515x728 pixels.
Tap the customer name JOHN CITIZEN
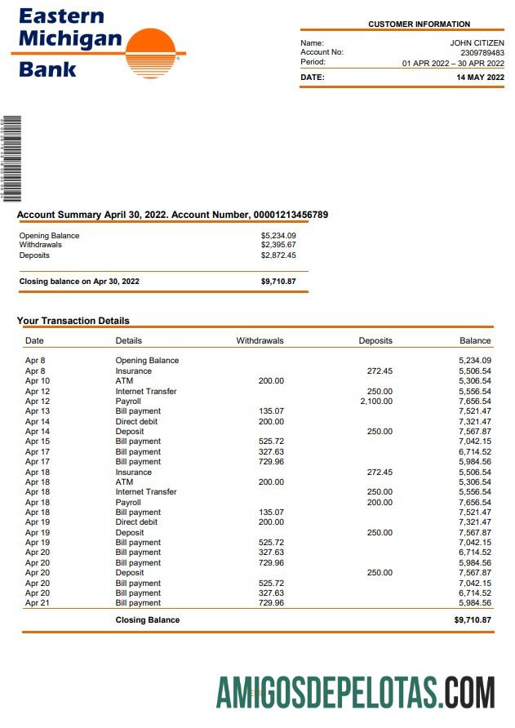pyautogui.click(x=477, y=42)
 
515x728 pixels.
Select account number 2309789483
pyautogui.click(x=482, y=52)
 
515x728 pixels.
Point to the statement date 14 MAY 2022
pyautogui.click(x=480, y=78)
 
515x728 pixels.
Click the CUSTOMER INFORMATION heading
pyautogui.click(x=419, y=24)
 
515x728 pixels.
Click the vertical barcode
pyautogui.click(x=11, y=158)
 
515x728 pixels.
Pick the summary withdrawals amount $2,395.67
pyautogui.click(x=278, y=245)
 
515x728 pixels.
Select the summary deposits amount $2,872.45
pyautogui.click(x=278, y=255)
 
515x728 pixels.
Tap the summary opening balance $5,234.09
pyautogui.click(x=278, y=236)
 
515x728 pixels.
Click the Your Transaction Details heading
pyautogui.click(x=73, y=321)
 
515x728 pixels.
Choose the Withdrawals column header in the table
pyautogui.click(x=260, y=340)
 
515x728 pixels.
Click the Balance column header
pyautogui.click(x=475, y=340)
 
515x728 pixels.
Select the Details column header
pyautogui.click(x=129, y=340)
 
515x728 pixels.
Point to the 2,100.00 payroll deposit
pyautogui.click(x=376, y=402)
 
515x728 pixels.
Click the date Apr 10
pyautogui.click(x=38, y=381)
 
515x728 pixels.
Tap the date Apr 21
pyautogui.click(x=38, y=603)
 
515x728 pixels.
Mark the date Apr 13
pyautogui.click(x=38, y=411)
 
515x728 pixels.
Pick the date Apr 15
pyautogui.click(x=38, y=442)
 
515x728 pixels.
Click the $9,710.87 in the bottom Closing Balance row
pyautogui.click(x=473, y=620)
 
